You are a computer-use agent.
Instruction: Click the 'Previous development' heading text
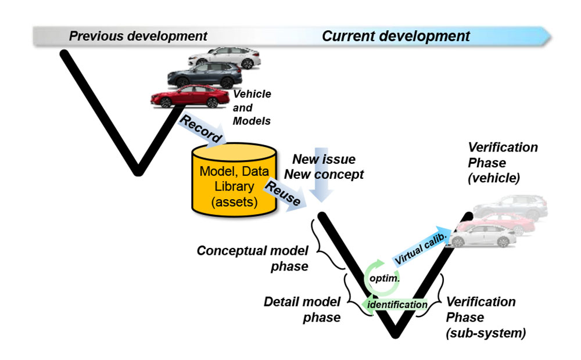click(138, 37)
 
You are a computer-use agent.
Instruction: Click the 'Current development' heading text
click(396, 37)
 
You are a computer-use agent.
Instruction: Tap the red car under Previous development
click(190, 96)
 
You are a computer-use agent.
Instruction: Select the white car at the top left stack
click(224, 58)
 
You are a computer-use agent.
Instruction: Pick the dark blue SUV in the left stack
click(205, 75)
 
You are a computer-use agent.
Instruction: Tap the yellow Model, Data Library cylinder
click(234, 179)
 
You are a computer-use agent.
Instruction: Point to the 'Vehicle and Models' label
click(252, 107)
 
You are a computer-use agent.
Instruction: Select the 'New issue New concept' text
click(324, 167)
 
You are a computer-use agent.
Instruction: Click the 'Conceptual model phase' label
click(252, 258)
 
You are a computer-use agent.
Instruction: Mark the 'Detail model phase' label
click(302, 309)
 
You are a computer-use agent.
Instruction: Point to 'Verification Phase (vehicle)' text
click(503, 163)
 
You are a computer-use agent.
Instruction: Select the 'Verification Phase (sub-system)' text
click(485, 318)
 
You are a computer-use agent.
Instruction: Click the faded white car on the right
click(482, 236)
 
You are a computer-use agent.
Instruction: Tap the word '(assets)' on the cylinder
click(234, 202)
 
